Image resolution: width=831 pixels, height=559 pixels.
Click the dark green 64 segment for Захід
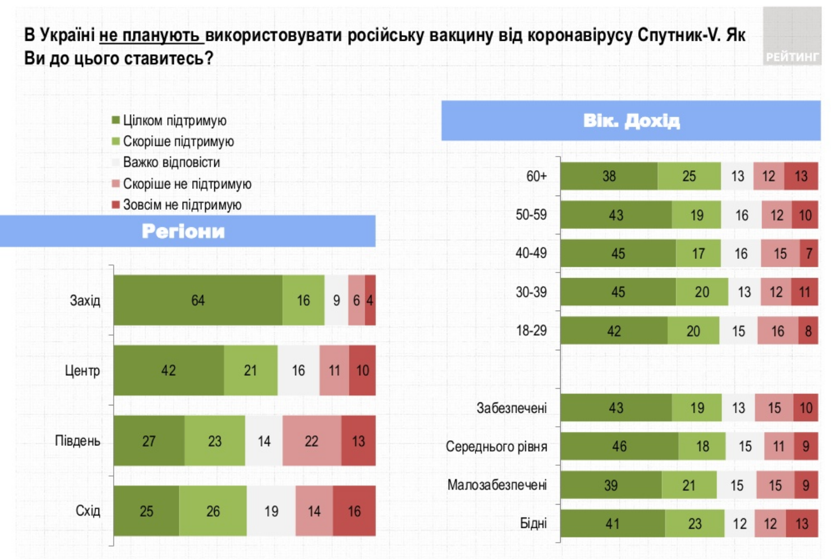tap(198, 300)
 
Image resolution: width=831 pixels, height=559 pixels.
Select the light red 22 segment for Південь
tap(311, 441)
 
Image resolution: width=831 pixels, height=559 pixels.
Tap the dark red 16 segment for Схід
tap(354, 511)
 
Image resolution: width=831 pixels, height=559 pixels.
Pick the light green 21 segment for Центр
tap(250, 370)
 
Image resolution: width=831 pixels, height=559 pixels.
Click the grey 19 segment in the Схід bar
tap(271, 511)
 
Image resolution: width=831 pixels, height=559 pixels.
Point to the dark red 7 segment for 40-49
tap(809, 253)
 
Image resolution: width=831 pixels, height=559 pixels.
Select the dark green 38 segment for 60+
tap(609, 176)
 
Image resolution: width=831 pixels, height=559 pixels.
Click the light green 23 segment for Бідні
tap(695, 524)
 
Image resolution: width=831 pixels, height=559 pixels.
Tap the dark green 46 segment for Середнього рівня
tap(619, 447)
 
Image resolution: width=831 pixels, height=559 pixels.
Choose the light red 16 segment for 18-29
tap(778, 331)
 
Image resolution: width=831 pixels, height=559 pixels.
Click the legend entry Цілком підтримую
tap(174, 120)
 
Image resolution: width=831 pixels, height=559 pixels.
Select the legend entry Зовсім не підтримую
tap(181, 205)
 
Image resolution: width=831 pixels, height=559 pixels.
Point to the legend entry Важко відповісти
tap(171, 163)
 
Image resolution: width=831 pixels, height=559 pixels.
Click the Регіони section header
tap(183, 231)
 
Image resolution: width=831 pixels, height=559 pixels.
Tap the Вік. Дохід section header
tap(631, 120)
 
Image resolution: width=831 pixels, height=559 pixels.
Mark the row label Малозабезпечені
tap(497, 485)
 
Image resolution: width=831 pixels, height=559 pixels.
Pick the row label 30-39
tap(531, 292)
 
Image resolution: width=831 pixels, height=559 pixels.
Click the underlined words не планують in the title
tap(150, 36)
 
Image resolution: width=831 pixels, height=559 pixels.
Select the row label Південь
tap(77, 441)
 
